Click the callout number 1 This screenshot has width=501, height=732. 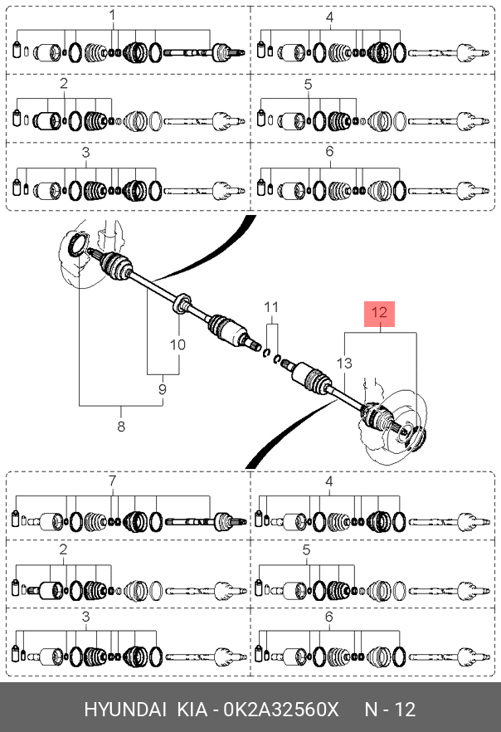point(112,16)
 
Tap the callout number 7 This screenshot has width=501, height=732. point(112,481)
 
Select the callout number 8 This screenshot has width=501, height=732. point(121,427)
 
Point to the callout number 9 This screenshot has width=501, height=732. point(163,389)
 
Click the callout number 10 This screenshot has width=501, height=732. point(178,344)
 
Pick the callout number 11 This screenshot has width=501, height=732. point(271,307)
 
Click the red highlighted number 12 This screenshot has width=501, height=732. point(380,312)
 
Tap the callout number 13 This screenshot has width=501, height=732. point(344,363)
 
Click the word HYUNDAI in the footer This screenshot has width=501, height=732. point(125,710)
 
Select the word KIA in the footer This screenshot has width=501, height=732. point(192,710)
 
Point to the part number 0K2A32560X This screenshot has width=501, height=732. point(281,710)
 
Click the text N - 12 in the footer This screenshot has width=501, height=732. point(390,710)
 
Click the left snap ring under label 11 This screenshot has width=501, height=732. point(267,353)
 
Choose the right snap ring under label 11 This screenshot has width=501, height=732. point(277,359)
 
